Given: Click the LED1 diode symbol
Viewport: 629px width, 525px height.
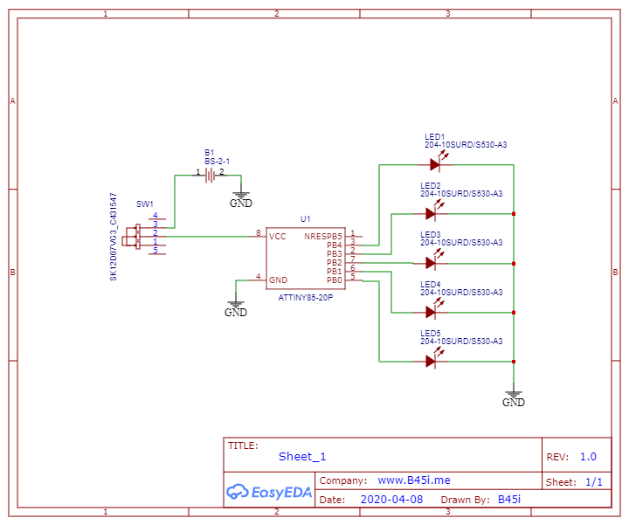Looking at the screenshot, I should coord(436,164).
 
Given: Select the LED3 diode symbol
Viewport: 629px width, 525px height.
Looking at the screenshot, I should coord(431,262).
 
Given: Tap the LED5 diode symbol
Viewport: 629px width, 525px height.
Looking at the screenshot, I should coord(431,360).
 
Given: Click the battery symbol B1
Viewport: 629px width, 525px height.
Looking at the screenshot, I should coord(210,174).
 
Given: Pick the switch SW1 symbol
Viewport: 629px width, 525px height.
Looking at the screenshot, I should coord(139,236).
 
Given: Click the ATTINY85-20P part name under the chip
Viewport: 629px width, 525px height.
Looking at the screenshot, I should coord(306,297).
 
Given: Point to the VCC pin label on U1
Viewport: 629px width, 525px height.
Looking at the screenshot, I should coord(278,237).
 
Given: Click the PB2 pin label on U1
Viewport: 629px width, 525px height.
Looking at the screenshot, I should coord(334,263).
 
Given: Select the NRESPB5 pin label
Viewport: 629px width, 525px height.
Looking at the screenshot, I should coord(323,237).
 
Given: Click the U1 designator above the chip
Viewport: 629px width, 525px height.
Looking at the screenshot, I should coord(305,218).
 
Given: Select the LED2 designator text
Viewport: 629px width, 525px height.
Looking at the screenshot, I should coord(430,186).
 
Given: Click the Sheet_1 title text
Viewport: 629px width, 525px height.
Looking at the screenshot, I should coord(302,456).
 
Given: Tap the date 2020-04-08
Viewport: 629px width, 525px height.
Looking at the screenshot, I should coord(391,500).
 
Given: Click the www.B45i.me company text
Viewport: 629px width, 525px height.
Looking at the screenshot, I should coord(414,480).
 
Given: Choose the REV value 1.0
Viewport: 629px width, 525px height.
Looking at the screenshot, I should coord(588,456).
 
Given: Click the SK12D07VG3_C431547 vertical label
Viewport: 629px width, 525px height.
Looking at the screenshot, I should coord(113,236).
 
